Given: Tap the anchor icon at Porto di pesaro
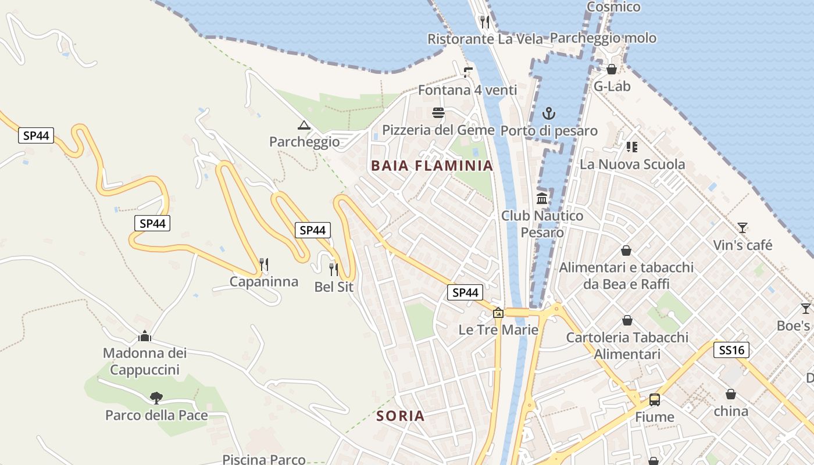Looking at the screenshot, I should pos(549,113).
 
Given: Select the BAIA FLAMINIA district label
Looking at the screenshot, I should pos(432,166).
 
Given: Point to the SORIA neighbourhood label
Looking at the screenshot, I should pos(400,416).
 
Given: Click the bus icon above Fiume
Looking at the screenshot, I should pos(655,400).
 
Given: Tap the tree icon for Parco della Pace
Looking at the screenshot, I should pos(156,398).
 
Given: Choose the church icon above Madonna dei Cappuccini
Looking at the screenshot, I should pos(145,336).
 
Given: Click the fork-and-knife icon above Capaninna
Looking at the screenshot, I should pos(264,265).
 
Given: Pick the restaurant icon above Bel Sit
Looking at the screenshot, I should pos(334,270).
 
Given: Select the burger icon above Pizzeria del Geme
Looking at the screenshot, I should pos(438,113).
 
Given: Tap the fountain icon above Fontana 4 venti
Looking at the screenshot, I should pos(467,73).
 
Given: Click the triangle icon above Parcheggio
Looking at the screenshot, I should pos(304,125).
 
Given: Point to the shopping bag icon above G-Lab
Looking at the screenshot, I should pos(612,70).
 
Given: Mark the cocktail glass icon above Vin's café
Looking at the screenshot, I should pos(742,228).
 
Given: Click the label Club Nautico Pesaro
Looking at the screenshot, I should pos(542,224).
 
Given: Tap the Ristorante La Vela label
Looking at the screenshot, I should pos(485,39).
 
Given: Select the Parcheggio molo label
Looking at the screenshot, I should pos(603,38).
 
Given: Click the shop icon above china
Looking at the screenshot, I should pos(731,395).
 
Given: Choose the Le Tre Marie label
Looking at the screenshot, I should pos(498,330).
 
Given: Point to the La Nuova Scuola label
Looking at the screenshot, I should pos(632,164).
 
